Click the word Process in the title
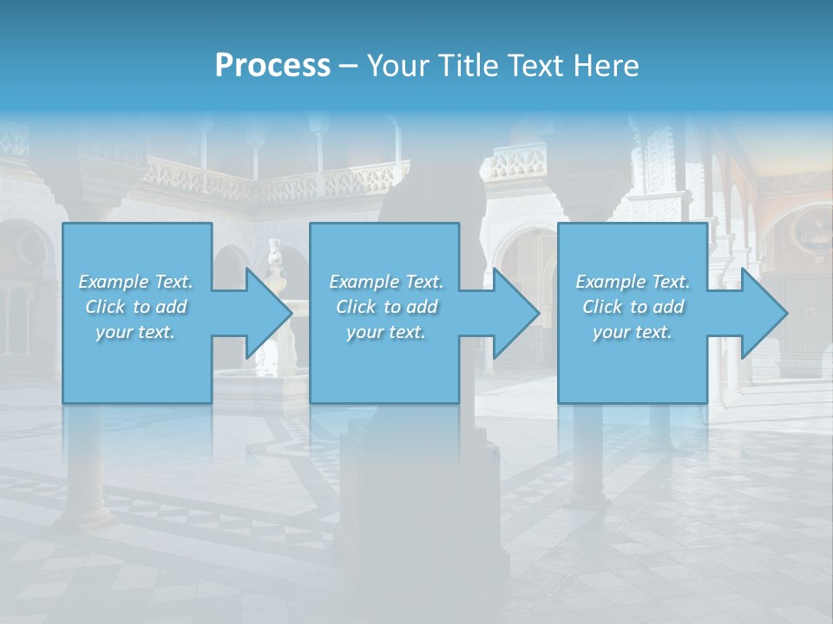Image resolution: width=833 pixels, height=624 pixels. [272, 66]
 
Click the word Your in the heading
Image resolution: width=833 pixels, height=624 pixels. [395, 66]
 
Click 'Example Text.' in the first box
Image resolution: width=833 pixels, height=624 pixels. [136, 282]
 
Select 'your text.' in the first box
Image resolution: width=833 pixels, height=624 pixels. [136, 332]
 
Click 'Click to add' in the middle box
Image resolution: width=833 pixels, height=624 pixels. [386, 307]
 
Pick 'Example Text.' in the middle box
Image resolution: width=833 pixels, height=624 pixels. [386, 282]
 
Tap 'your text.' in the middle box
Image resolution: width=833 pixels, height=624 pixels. [386, 332]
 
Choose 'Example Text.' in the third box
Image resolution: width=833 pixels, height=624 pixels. [633, 282]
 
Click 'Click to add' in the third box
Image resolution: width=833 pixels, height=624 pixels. [633, 307]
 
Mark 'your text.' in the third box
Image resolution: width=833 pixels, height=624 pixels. [633, 332]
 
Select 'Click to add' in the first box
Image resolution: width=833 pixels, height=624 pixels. [136, 307]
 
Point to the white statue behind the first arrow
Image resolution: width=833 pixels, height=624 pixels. [277, 260]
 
